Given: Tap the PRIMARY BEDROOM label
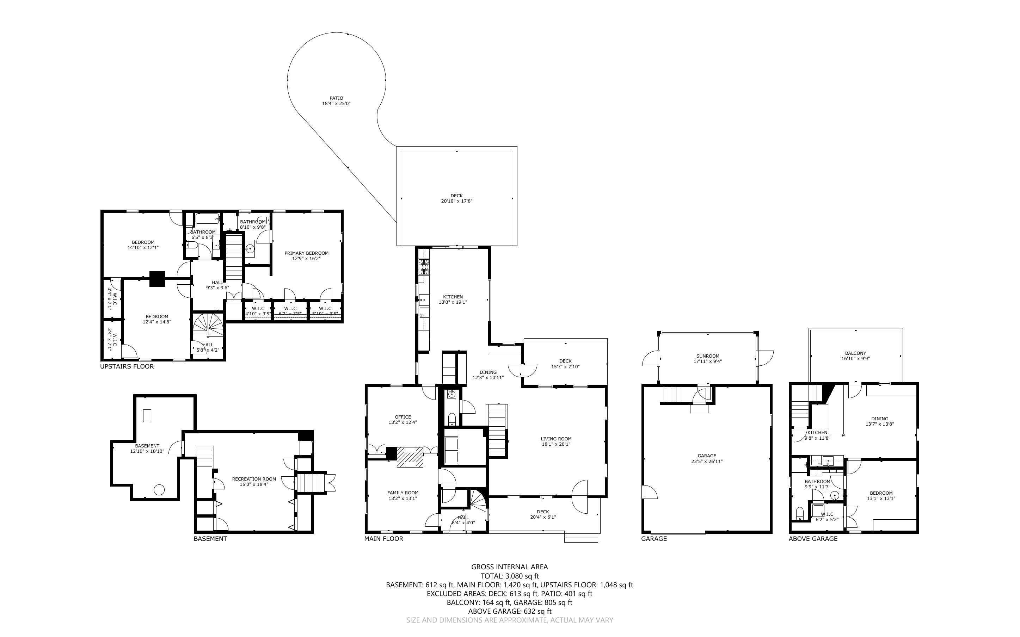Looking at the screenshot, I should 306,253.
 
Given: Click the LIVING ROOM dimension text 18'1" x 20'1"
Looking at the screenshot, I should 556,444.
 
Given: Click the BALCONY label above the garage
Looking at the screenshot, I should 855,353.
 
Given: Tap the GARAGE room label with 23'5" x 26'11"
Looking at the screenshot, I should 707,456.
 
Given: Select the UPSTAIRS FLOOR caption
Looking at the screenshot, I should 127,366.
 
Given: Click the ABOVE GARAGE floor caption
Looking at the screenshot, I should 813,538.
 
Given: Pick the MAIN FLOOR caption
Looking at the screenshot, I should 383,538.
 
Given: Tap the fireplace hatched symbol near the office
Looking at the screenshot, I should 410,457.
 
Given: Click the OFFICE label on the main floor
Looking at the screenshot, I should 403,417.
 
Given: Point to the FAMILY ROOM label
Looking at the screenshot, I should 403,493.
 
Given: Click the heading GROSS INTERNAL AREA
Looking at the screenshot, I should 509,567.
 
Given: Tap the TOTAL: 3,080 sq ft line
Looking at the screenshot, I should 509,576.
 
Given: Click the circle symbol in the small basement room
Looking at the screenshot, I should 159,490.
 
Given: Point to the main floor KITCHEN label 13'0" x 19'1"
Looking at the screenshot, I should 453,297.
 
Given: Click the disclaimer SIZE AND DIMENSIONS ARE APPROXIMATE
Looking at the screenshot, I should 509,620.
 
